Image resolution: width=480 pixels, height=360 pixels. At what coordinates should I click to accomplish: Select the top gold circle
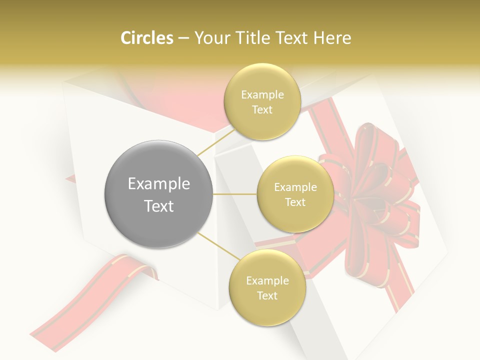(x=262, y=102)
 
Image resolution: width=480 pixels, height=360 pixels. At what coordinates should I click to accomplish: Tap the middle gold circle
(x=295, y=194)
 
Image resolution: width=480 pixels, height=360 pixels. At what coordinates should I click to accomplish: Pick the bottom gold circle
(x=267, y=287)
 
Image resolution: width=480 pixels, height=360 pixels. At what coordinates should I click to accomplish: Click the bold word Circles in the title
(x=146, y=38)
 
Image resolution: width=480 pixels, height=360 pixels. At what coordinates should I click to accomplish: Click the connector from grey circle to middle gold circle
(x=234, y=194)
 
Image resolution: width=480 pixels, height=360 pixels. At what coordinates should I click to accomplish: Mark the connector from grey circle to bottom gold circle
(x=214, y=246)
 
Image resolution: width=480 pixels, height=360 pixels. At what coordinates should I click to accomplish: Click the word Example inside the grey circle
(x=158, y=184)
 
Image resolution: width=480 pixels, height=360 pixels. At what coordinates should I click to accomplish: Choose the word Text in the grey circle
(x=158, y=206)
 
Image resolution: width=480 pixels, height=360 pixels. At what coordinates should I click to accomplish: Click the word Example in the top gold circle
(x=262, y=95)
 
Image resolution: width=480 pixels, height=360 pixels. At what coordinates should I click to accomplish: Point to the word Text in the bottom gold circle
(x=267, y=295)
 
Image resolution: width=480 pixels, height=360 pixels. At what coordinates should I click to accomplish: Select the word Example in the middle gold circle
(x=295, y=187)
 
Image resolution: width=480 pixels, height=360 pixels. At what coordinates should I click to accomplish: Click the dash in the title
(x=183, y=38)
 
